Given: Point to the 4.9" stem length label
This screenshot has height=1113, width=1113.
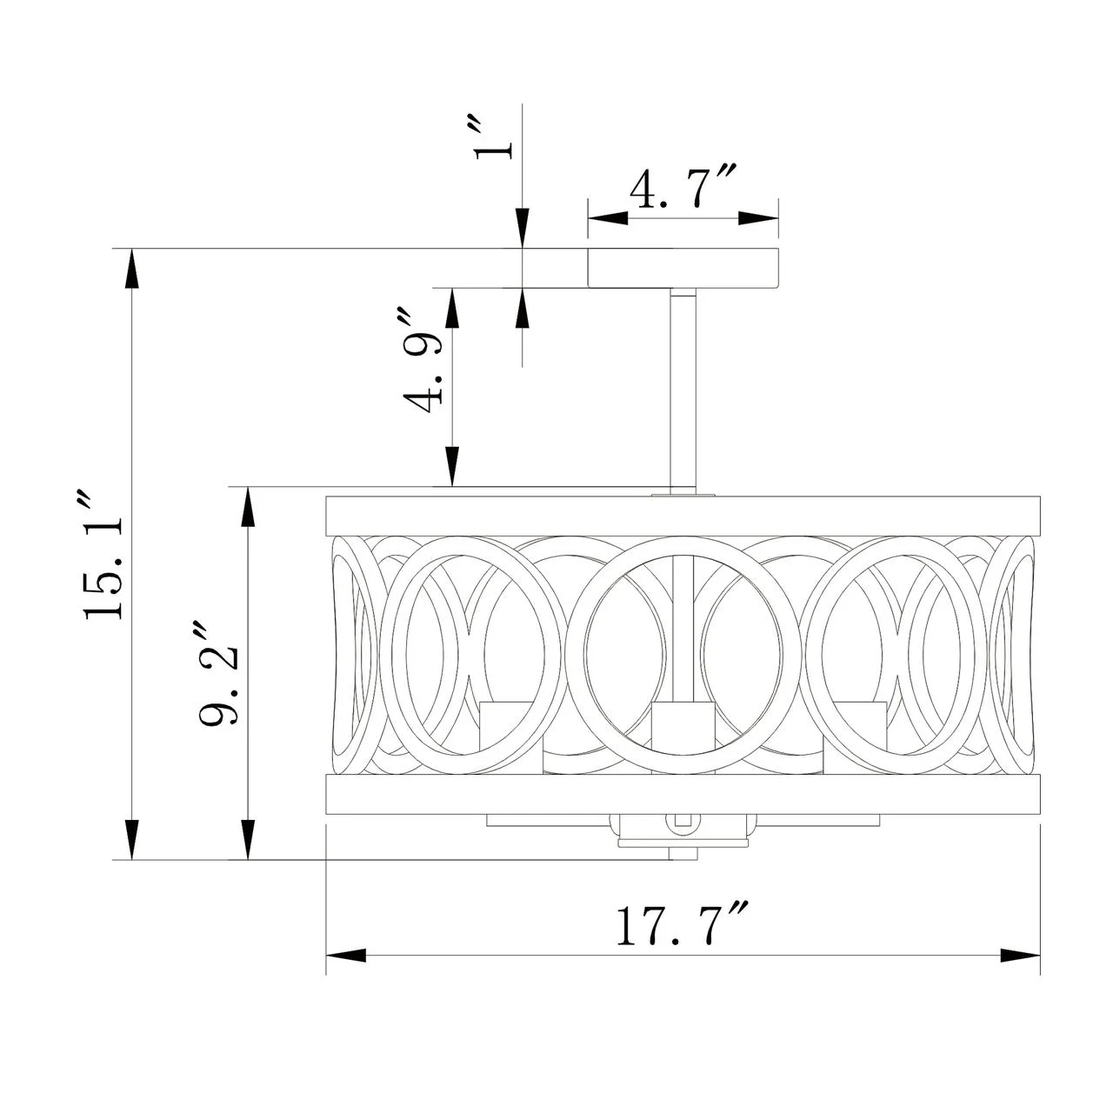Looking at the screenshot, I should [x=423, y=361].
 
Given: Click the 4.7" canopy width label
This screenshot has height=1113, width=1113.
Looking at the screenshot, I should [x=683, y=190].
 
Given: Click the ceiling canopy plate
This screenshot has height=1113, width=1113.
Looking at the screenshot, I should [x=683, y=268].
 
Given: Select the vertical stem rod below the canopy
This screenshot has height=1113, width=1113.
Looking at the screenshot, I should [x=683, y=391].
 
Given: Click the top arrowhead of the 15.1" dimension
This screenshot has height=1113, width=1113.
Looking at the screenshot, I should [x=132, y=268].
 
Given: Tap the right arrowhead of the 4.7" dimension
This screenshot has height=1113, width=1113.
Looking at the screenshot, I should [x=758, y=217].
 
